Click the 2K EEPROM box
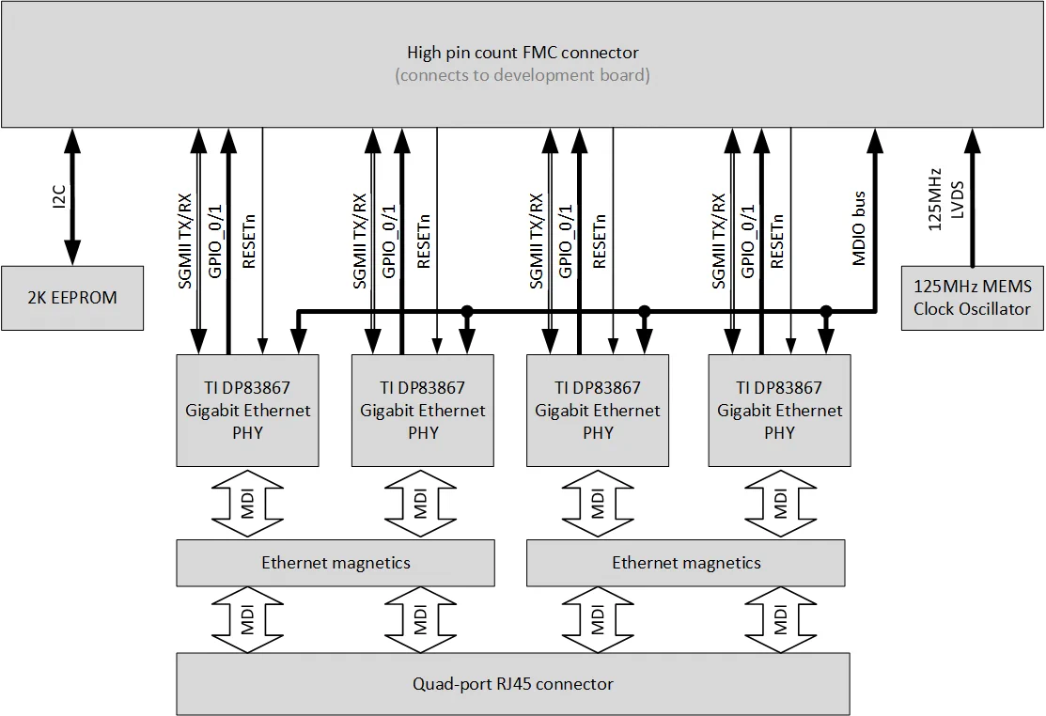71,298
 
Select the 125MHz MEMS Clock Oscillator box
972,298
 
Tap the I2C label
58,196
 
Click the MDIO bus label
859,228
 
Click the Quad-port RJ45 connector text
513,683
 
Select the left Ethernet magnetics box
336,563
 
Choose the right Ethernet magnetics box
687,563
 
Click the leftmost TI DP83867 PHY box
247,410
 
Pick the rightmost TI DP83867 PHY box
779,410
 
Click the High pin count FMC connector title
523,53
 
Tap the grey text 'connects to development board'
523,75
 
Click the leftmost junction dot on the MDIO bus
466,311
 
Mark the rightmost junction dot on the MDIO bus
826,311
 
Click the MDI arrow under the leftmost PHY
247,505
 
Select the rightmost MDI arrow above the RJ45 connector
780,621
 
